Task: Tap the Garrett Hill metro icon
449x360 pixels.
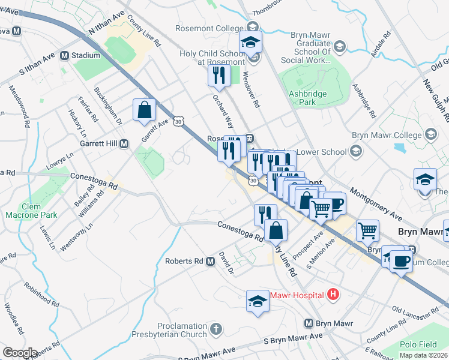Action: pos(124,144)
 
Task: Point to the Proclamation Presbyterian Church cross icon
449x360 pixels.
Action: pos(215,329)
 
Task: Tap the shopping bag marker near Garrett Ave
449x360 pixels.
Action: pos(145,110)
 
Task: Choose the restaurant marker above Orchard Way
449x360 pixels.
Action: pos(218,76)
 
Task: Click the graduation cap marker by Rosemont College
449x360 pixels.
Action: pos(251,42)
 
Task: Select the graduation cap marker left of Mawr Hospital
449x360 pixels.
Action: pos(258,300)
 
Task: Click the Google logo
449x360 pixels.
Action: pos(19,353)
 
